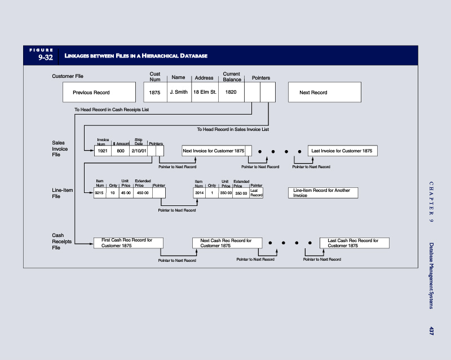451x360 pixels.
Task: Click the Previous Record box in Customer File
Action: click(x=99, y=93)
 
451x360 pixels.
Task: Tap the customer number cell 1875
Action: click(x=154, y=93)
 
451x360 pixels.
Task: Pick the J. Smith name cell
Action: click(x=179, y=93)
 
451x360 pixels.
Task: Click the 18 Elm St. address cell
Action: click(x=205, y=93)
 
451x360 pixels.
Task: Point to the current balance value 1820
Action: click(x=231, y=93)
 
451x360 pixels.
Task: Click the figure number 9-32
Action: click(x=45, y=58)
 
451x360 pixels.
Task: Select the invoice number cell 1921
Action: click(x=102, y=151)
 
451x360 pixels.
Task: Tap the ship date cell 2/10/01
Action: click(x=138, y=151)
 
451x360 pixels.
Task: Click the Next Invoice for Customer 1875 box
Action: click(x=214, y=151)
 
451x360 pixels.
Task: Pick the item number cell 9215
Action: click(x=99, y=193)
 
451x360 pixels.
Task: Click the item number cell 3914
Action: click(x=199, y=193)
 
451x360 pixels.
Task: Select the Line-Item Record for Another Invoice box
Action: click(x=322, y=193)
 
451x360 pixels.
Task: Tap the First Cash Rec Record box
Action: click(x=128, y=243)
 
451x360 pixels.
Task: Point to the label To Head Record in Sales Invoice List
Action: click(x=233, y=130)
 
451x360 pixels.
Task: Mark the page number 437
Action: click(x=431, y=331)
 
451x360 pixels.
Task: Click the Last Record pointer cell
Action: click(x=256, y=193)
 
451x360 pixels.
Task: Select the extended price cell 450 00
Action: click(x=142, y=193)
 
